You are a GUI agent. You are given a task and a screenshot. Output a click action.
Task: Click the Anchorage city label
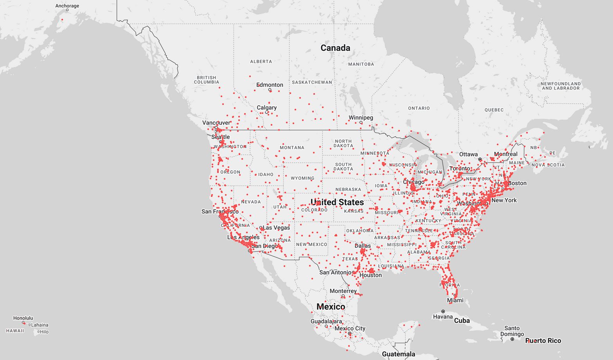67,6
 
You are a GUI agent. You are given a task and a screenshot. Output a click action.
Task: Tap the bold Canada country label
335,48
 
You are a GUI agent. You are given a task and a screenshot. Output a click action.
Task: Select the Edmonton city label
270,85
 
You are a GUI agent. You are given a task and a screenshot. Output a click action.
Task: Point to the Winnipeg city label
361,117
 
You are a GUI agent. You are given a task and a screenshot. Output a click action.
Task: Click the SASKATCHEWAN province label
312,82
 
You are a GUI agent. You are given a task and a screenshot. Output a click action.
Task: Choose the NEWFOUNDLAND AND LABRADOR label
560,86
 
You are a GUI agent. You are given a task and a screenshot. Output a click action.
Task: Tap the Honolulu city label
23,318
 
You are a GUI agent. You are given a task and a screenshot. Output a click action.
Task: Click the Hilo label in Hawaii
44,332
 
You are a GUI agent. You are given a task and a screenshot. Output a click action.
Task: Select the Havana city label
443,317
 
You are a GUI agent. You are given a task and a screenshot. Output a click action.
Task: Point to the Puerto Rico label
543,341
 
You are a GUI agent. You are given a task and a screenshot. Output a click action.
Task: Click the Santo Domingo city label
512,331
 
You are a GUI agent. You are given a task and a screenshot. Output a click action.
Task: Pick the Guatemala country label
398,354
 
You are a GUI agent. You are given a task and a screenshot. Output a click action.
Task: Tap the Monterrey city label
343,291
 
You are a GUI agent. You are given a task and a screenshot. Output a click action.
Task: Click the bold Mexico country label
331,307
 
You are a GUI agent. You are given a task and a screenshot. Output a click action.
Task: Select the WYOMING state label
302,178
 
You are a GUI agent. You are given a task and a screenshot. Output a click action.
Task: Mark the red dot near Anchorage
62,20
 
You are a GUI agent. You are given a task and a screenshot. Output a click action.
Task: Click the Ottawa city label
468,154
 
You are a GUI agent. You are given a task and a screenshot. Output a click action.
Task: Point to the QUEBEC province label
494,110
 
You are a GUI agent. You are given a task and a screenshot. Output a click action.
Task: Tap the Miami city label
455,301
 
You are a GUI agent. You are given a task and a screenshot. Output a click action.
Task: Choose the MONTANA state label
292,148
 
